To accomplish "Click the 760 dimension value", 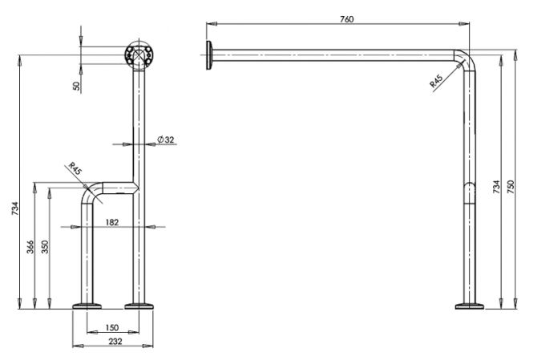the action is [x=347, y=19].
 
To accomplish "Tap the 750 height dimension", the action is [x=511, y=187].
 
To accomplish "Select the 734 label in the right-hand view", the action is [x=496, y=187].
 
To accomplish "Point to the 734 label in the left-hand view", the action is [x=16, y=208].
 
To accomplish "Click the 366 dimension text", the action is [x=30, y=247].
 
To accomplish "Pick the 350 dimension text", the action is [x=45, y=247].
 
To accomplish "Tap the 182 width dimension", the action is [x=112, y=222].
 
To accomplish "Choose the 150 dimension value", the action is [x=112, y=328].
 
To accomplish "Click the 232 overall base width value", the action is [x=115, y=342].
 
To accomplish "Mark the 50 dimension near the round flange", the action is [x=77, y=86].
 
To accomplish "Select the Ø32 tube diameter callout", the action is [x=166, y=140].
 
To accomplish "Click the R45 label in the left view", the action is [x=75, y=168].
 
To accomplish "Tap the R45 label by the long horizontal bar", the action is [x=436, y=82].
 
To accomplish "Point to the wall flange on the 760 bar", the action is [x=208, y=55].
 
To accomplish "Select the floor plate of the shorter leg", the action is [x=87, y=306].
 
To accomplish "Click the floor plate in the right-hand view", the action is [x=470, y=306].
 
